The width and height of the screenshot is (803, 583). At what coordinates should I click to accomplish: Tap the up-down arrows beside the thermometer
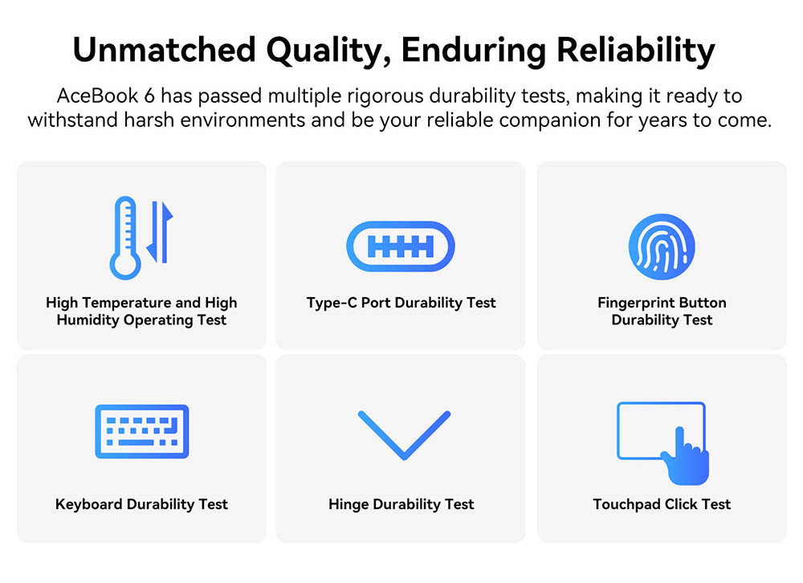(x=160, y=231)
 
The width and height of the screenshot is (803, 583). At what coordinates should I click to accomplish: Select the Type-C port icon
(x=401, y=247)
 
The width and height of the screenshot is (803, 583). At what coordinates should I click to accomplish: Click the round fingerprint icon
(x=662, y=247)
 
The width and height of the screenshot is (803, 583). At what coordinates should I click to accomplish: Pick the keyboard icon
(x=142, y=431)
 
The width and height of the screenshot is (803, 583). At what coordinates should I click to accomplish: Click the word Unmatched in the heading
(x=165, y=50)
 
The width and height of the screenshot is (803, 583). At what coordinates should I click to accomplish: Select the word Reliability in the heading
(x=635, y=51)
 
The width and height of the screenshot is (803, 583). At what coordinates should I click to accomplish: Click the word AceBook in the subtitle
(x=98, y=96)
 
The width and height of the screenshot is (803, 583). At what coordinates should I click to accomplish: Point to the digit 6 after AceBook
(x=149, y=96)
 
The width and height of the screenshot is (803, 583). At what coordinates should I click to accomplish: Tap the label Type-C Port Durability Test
(x=401, y=303)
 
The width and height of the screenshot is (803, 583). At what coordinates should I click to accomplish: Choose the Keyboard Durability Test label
(x=141, y=504)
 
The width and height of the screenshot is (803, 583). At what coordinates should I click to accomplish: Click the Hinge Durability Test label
(x=401, y=504)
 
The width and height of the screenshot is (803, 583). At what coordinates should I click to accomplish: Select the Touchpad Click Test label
(x=662, y=504)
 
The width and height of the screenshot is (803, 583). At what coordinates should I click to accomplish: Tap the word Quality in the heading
(x=328, y=51)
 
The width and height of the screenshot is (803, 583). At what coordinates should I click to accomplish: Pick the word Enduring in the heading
(x=474, y=51)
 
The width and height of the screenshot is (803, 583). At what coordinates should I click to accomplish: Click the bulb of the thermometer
(x=125, y=265)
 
